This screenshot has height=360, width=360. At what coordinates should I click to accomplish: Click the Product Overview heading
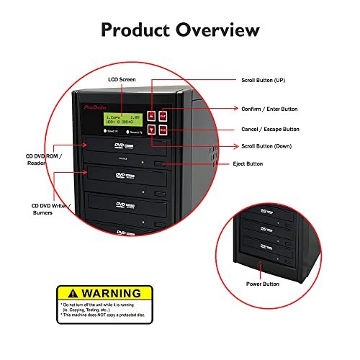(180, 30)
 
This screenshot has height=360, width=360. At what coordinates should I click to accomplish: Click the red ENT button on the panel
(163, 114)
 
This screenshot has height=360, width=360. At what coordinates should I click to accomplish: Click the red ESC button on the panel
(163, 130)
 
